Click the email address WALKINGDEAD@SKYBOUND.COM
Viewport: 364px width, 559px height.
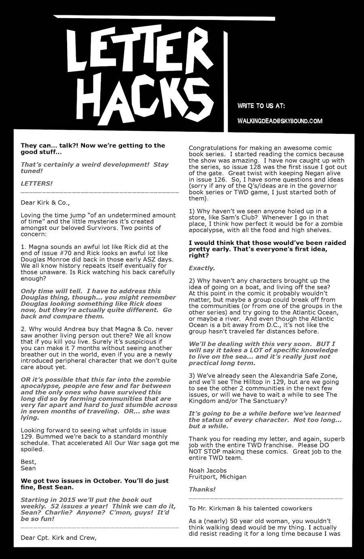coord(280,121)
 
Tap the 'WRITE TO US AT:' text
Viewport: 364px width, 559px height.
coord(261,106)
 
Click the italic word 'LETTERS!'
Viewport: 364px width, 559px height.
coord(36,184)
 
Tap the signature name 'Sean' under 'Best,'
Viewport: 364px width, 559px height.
coord(28,468)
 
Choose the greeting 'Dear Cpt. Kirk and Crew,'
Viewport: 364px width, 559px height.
coord(59,538)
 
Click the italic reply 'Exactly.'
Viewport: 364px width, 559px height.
coord(202,268)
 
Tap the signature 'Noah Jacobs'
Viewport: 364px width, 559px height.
coord(207,470)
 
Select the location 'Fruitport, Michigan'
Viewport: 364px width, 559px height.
coord(218,477)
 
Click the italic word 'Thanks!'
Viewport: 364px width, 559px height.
coord(202,489)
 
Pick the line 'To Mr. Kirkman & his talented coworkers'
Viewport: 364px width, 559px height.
coord(250,508)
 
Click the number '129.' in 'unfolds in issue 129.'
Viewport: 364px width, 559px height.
coord(27,437)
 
